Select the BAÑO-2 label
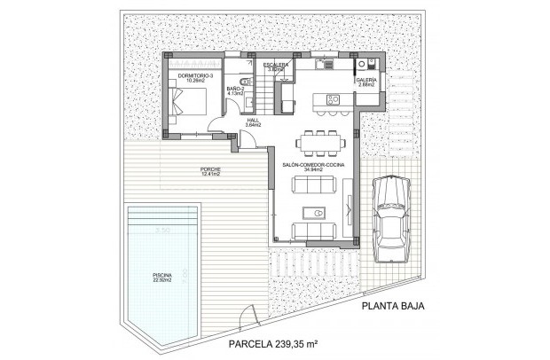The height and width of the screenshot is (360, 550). [235, 89]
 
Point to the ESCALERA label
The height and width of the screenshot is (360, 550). [276, 65]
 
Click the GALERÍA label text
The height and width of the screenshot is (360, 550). [367, 80]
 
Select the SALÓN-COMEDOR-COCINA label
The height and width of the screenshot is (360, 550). [312, 165]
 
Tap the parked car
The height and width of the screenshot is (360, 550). [390, 217]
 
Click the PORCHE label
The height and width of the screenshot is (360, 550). [211, 168]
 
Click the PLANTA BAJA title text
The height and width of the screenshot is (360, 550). [391, 307]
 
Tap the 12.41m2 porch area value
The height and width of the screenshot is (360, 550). [211, 174]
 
